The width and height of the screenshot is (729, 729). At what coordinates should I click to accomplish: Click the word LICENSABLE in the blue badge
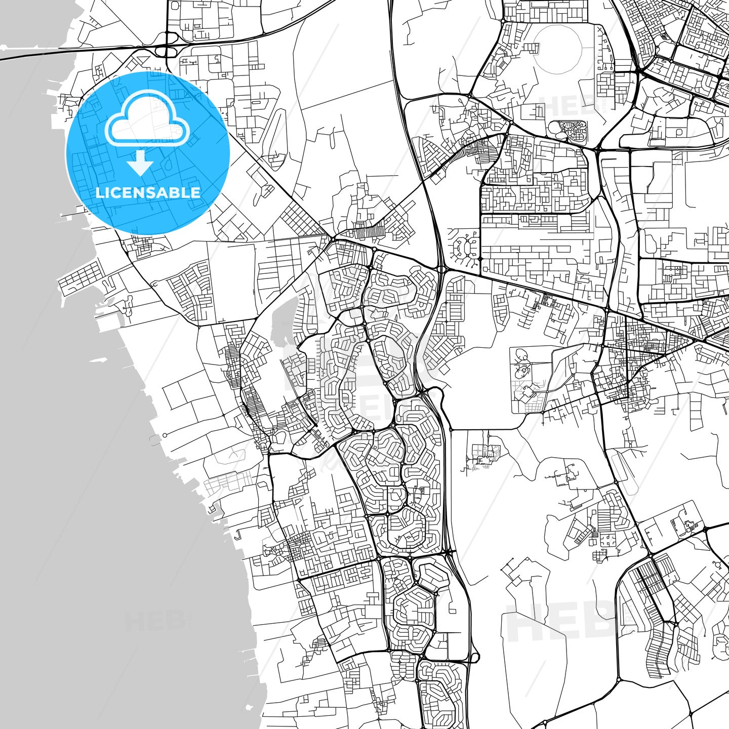tap(148, 193)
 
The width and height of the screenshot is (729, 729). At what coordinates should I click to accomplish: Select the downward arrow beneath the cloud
tap(140, 163)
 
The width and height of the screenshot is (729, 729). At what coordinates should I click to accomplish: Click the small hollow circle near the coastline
tap(165, 435)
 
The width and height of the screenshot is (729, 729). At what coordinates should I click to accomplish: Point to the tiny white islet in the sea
tap(250, 707)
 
